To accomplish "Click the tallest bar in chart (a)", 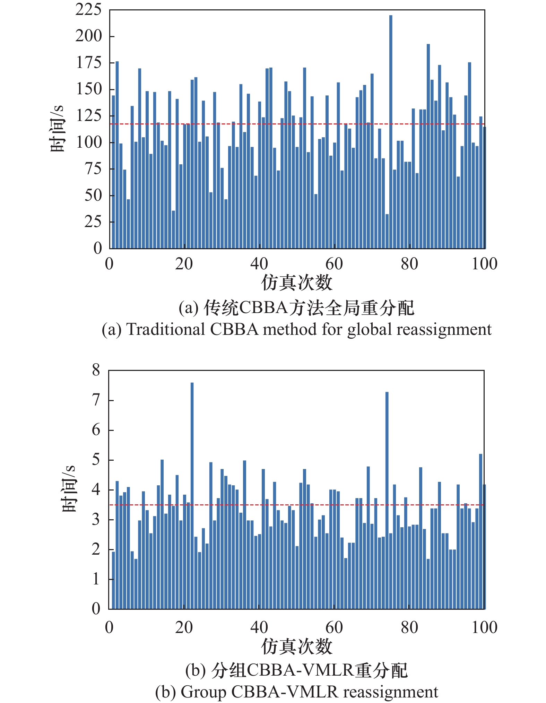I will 391,132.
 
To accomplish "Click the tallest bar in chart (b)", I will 192,496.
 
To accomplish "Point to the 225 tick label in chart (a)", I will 88,10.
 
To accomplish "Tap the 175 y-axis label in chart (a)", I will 88,63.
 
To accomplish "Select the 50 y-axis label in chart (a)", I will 93,196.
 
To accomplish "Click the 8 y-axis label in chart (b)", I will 96,370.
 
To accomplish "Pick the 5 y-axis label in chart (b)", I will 96,460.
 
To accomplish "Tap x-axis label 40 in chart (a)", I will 259,264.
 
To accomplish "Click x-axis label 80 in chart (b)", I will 409,627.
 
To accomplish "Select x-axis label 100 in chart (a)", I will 484,264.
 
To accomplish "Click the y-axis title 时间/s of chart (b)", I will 69,489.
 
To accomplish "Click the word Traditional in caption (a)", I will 166,329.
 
